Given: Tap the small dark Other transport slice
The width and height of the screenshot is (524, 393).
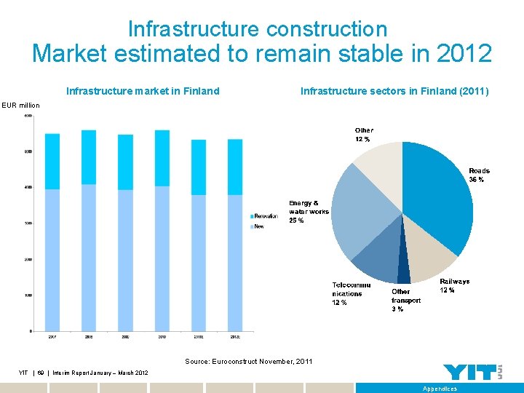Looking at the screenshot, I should coord(403,273).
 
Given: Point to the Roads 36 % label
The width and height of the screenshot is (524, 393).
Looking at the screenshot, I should coord(479,175).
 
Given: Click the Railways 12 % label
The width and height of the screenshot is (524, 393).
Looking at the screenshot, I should coord(454,286).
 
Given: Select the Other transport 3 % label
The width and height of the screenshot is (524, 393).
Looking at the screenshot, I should coord(406,300).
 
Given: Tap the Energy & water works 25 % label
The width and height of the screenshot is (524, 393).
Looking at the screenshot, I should coord(309,212).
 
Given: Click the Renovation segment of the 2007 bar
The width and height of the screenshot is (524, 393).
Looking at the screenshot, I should coord(52,161).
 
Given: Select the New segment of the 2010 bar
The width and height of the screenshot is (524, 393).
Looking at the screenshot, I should coord(162,258).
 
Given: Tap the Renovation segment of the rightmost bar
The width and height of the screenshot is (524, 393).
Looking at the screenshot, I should coord(234,167).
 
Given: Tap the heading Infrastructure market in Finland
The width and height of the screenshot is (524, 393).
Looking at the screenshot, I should coord(143,92).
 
